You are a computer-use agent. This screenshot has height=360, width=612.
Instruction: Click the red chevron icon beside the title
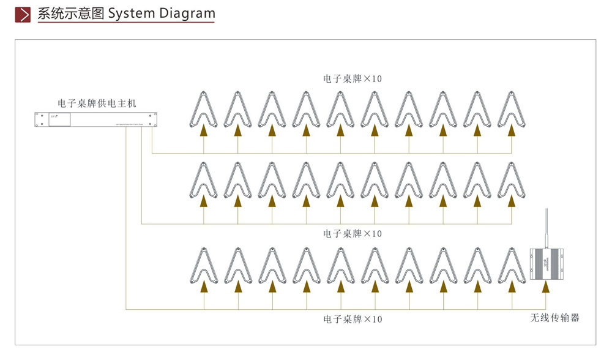23,14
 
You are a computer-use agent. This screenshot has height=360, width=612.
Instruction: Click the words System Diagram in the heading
162,13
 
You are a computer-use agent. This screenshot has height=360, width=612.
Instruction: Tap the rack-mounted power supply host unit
96,119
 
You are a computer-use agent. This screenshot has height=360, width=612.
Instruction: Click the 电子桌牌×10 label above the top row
353,79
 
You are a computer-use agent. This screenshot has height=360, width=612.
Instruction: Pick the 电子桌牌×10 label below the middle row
353,234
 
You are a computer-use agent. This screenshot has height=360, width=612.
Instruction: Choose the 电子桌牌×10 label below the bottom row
353,320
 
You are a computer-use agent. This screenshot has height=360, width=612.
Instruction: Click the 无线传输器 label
554,318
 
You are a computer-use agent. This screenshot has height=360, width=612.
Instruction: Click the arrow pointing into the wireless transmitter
546,286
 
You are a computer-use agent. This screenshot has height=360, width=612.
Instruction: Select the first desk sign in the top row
204,110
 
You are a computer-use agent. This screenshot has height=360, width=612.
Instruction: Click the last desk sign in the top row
512,110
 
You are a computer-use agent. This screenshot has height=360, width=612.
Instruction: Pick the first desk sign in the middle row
204,181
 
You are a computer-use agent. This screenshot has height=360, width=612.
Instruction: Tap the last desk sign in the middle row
512,181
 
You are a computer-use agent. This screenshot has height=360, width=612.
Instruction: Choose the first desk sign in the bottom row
204,266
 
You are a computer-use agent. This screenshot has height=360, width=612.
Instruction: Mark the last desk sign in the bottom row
512,266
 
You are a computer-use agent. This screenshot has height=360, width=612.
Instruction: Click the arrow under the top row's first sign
204,130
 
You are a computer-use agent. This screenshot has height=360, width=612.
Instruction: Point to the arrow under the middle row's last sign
512,201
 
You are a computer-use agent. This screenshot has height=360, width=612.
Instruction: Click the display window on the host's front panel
59,119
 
